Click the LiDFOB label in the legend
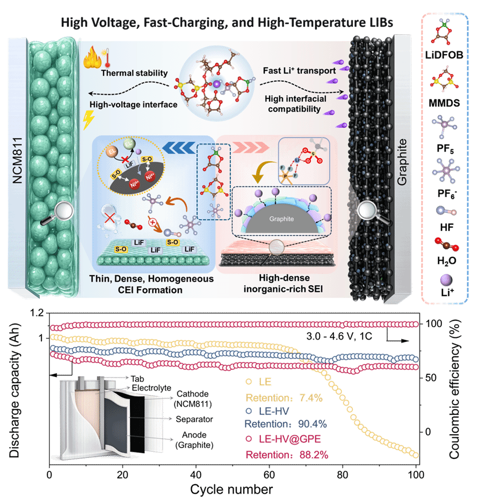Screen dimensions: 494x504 (x=444, y=55)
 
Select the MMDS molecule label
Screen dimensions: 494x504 (x=444, y=103)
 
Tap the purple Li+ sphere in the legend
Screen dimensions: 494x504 (x=446, y=280)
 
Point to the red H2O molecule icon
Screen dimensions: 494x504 (x=446, y=244)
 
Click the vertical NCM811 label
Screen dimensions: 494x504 (x=17, y=161)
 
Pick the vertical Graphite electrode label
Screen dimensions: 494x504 (x=402, y=162)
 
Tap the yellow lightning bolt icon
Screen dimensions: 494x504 (x=88, y=120)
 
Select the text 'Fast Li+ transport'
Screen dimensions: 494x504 (x=300, y=70)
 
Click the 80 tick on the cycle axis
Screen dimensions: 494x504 (x=343, y=475)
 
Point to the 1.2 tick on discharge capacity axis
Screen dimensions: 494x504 (x=37, y=313)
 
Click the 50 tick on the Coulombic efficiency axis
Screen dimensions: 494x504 (x=431, y=378)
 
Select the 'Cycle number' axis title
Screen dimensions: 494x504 (x=231, y=489)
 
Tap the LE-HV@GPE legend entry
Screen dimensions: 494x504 (x=284, y=439)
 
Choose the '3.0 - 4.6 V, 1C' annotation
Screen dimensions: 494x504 (x=339, y=336)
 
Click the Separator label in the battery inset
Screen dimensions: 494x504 (x=194, y=419)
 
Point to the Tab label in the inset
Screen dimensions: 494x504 (x=137, y=379)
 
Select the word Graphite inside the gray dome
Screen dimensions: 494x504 (x=281, y=219)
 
